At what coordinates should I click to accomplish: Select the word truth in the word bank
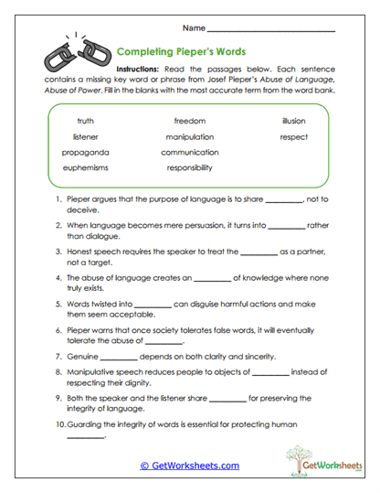pos(86,121)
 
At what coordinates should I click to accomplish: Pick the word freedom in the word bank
pos(190,121)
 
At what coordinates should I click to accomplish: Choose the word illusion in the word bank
pos(294,121)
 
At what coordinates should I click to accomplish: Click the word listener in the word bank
pos(86,136)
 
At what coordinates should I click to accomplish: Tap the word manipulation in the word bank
pos(190,136)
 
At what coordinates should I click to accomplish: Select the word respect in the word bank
pos(294,136)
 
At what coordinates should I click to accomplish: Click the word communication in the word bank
pos(190,152)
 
